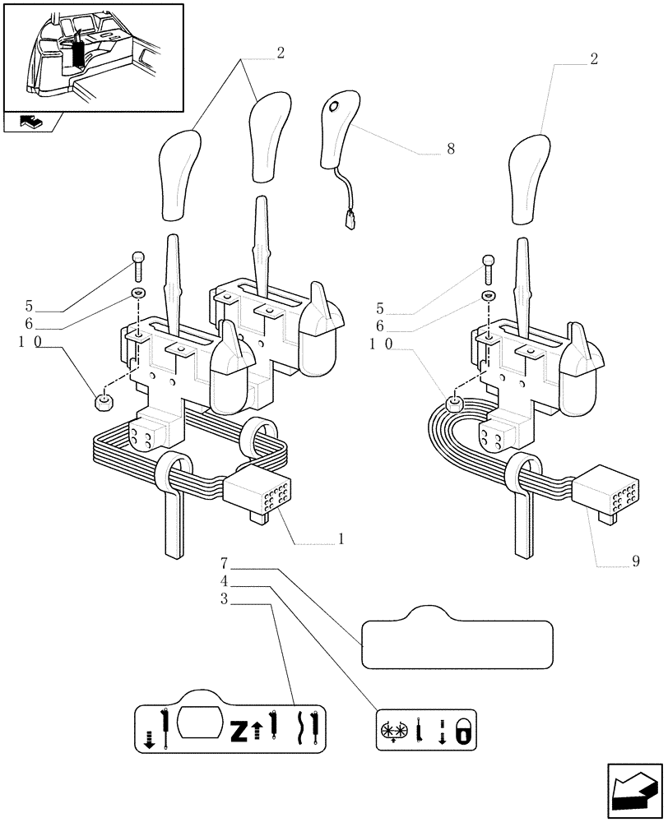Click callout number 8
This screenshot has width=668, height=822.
tap(451, 149)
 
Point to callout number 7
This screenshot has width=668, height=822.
tap(224, 564)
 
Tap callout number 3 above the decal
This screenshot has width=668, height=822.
tap(224, 600)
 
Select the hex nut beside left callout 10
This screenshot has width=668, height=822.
tap(104, 401)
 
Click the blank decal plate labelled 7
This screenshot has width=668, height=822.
tap(457, 638)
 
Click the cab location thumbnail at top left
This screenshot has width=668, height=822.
tap(92, 57)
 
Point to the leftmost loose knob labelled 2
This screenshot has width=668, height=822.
tap(180, 175)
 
